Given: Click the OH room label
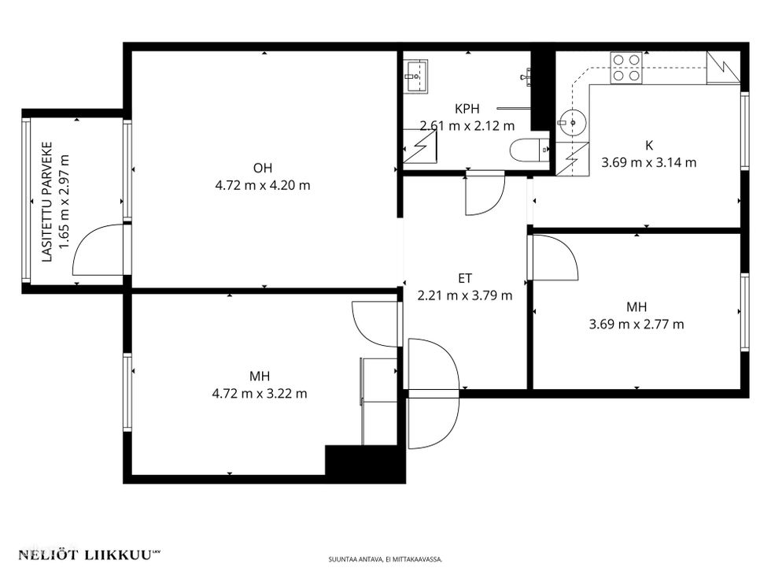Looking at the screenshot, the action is coord(263,169).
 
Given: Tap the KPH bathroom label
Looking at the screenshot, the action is coord(467,109).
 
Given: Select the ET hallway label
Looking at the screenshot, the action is coord(465,278).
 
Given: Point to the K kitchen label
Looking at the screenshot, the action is coord(649,145).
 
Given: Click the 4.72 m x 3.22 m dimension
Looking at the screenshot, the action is coord(260,394).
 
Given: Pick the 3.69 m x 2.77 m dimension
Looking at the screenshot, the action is coord(636,325).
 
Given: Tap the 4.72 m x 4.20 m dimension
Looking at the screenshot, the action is coord(263,186).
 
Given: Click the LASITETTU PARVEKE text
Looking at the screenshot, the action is coord(47,202).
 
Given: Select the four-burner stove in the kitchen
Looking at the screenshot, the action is coord(626,68).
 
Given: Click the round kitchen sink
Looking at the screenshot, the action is coord(572,122).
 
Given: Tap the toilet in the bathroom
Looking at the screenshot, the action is coord(529,150).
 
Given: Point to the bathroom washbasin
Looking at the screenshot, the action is coord(415,76).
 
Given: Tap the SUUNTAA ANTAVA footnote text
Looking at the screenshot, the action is coord(385,560).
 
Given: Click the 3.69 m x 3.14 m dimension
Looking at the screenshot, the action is coord(649,162).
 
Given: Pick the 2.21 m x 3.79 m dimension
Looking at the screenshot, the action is coord(465,295).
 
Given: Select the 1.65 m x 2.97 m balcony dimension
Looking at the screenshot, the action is coord(65,202).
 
